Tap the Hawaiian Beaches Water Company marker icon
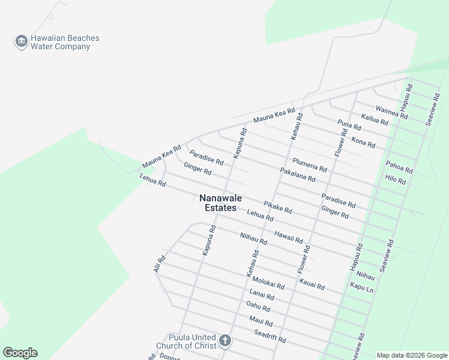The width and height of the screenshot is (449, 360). point(22,41)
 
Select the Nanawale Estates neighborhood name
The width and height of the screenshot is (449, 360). point(217,203)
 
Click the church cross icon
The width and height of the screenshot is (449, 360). point(224,341)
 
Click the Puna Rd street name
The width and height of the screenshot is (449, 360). point(349,125)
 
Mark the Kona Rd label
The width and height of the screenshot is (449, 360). point(363,143)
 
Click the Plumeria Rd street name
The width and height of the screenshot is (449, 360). point(310,164)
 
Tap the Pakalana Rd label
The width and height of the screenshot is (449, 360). point(298,175)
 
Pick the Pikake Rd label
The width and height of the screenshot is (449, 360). point(277,208)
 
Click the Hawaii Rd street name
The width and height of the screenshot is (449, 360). point(288,236)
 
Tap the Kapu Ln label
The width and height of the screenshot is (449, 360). point(361,287)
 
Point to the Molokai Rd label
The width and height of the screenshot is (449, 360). point(268,283)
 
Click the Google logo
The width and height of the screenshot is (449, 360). point(20,353)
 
